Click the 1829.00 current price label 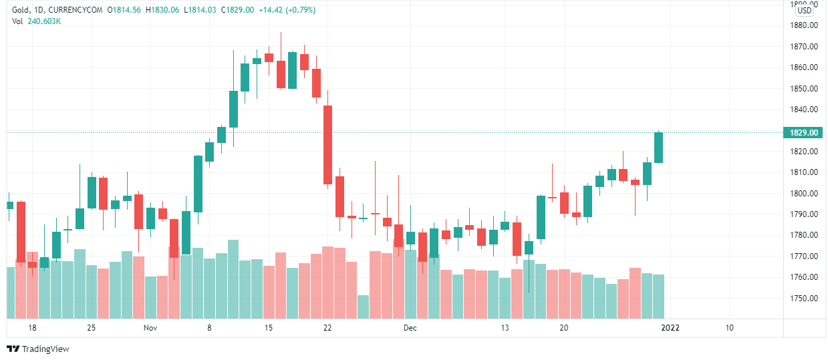click(x=804, y=133)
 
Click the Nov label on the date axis click(x=150, y=328)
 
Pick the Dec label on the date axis click(x=410, y=328)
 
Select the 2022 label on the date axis click(x=669, y=328)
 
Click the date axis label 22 click(x=327, y=328)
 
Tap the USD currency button click(x=805, y=10)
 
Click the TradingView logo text click(x=45, y=349)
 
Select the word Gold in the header click(x=21, y=10)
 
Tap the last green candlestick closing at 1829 click(x=659, y=148)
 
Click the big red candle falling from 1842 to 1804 click(x=327, y=145)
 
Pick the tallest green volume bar click(x=233, y=279)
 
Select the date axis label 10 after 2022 click(x=729, y=328)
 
